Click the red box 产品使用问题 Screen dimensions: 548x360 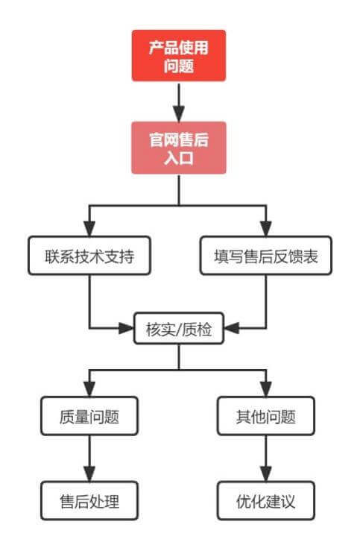[x=179, y=56]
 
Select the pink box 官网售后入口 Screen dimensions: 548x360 [x=179, y=148]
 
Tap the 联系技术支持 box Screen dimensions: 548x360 [x=90, y=256]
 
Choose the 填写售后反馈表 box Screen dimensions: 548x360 [x=266, y=256]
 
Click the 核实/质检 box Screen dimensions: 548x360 [x=178, y=329]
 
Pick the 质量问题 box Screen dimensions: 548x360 [x=90, y=415]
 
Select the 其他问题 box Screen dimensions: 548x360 [x=266, y=415]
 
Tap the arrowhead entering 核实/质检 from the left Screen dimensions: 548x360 [x=126, y=328]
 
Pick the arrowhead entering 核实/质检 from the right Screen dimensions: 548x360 [x=231, y=328]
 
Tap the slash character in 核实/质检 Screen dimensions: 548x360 [x=179, y=329]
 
